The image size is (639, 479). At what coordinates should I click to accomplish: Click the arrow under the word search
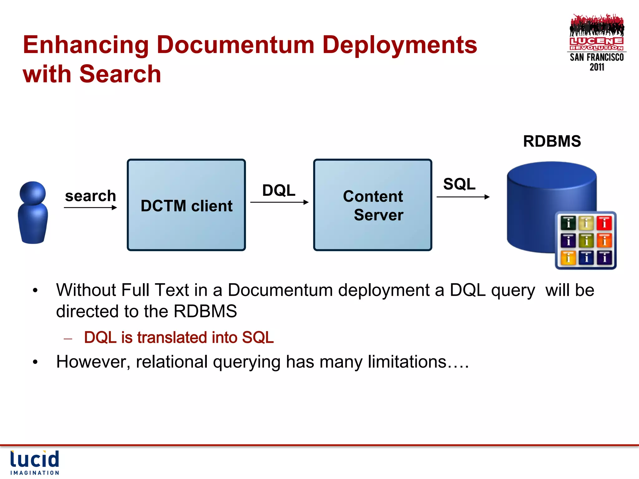click(90, 207)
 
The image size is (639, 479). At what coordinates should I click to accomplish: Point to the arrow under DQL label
click(279, 202)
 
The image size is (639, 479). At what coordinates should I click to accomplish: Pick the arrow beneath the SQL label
click(463, 197)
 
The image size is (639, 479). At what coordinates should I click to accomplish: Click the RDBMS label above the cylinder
click(552, 141)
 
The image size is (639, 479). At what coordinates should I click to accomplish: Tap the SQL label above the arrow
click(459, 184)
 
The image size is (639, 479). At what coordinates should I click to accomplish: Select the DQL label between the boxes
click(279, 190)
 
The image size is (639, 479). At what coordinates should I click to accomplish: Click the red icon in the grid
click(604, 223)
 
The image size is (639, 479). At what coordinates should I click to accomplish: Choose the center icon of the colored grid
click(586, 240)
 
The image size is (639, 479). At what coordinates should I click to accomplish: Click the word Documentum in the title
click(236, 45)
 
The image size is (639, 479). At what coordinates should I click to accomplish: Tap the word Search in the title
click(120, 74)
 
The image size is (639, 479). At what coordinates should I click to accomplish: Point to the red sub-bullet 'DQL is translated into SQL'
click(179, 338)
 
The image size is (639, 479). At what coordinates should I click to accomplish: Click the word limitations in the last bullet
click(407, 362)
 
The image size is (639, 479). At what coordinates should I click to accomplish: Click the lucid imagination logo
click(35, 462)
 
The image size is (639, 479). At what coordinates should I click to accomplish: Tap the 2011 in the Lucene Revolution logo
click(597, 67)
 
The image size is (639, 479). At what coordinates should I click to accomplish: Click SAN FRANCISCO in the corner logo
click(597, 57)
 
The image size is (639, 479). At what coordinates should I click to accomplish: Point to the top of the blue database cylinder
click(552, 175)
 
